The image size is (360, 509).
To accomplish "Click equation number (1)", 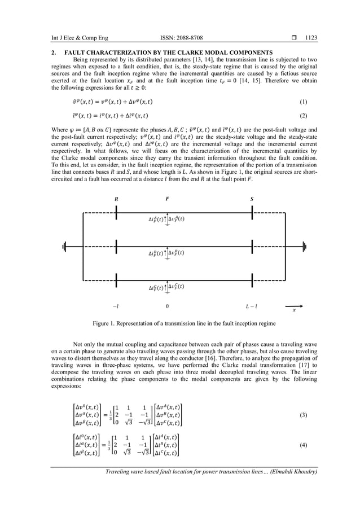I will [304, 102].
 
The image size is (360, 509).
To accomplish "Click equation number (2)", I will [304, 116].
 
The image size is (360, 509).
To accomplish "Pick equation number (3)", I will [304, 415].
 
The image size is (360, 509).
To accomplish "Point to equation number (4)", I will [304, 445].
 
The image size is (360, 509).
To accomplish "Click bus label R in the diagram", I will [116, 199].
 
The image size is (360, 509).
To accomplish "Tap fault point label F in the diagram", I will [167, 199].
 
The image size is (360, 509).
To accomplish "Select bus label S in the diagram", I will [252, 199].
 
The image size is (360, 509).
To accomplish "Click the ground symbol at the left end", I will [66, 246].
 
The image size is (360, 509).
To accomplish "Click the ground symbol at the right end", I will [304, 246].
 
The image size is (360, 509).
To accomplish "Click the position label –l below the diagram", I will [116, 306].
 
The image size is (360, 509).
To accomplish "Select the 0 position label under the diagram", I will [167, 306].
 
